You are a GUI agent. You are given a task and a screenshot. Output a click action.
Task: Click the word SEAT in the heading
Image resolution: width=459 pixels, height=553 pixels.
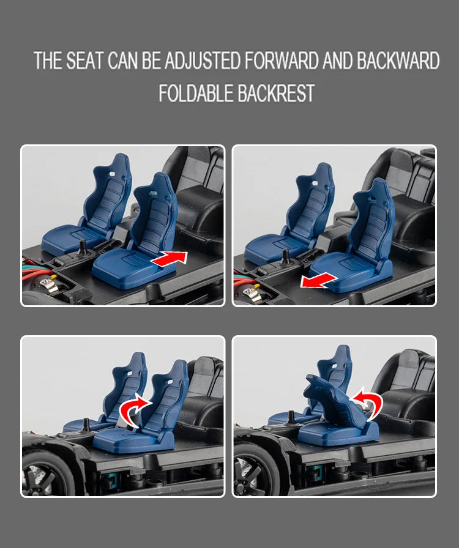click(84, 61)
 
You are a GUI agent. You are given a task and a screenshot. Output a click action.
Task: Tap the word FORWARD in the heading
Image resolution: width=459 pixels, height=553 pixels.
click(282, 61)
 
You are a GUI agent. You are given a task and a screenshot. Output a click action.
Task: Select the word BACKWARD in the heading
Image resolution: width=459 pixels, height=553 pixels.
click(398, 61)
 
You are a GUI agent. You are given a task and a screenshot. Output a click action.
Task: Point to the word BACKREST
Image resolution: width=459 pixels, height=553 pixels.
click(275, 93)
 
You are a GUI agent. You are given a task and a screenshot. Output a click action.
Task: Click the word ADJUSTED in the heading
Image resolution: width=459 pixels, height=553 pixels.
click(202, 61)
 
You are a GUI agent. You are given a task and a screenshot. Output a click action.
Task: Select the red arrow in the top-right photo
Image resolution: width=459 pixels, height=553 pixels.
click(319, 281)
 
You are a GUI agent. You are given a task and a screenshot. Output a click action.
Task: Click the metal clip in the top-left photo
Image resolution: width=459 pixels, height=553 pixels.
click(50, 284)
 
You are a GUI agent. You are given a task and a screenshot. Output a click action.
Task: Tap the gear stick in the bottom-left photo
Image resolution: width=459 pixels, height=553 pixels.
click(85, 425)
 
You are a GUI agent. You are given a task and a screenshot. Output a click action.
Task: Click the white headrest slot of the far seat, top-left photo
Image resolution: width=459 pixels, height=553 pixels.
click(113, 174)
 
